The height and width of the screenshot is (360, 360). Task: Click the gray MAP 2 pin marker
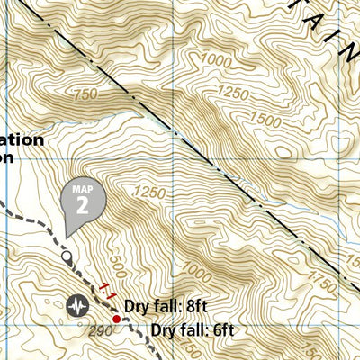click(82, 201)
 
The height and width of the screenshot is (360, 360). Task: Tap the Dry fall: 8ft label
click(166, 307)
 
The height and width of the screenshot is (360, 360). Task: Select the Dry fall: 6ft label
click(193, 330)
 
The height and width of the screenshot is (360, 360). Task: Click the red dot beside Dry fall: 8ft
click(116, 319)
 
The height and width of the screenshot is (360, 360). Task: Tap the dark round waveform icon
click(77, 305)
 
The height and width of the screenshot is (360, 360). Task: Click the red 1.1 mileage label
click(107, 290)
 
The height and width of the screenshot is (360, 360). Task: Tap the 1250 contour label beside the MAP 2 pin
click(149, 192)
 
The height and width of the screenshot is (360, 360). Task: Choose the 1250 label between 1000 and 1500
click(233, 94)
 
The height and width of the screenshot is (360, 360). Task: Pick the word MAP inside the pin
click(82, 190)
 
